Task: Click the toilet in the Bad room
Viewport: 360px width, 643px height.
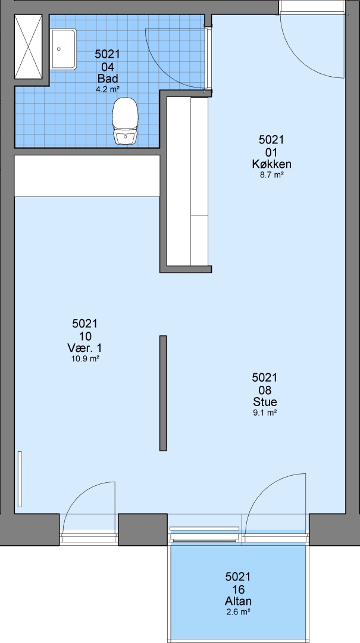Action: tap(125, 121)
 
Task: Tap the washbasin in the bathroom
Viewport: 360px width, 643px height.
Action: tap(64, 49)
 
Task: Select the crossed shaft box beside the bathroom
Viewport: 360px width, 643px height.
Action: tap(29, 46)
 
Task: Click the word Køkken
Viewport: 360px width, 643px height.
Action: tap(271, 164)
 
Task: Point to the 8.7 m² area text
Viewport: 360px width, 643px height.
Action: tap(271, 175)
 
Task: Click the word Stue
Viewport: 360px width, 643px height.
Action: tap(265, 402)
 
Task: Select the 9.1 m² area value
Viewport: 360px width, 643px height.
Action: tap(265, 413)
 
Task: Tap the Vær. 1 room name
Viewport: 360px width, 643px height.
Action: tap(85, 348)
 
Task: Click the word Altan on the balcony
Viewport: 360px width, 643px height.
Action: tap(238, 601)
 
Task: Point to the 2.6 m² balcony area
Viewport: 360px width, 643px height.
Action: tap(238, 612)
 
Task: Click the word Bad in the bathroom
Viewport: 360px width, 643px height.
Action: tap(108, 79)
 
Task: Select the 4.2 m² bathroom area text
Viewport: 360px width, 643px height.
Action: tap(108, 89)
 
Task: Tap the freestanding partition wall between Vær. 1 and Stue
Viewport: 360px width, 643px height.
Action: tap(163, 394)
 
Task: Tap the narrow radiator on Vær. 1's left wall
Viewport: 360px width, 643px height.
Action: tap(20, 479)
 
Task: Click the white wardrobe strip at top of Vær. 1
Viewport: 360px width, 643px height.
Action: tap(87, 176)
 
